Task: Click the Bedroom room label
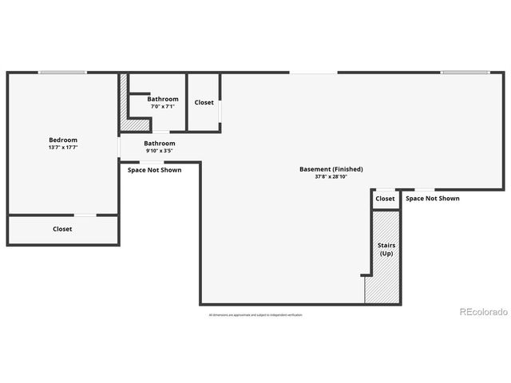coord(63,140)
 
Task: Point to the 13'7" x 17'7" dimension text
coord(63,147)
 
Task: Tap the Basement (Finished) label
coord(331,169)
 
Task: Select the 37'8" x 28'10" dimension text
coord(331,176)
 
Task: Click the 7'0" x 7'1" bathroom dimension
coord(162,106)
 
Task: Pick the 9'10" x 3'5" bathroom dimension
coord(160,150)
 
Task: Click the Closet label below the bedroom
coord(62,229)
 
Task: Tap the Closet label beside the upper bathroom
coord(204,102)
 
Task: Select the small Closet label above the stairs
coord(385,199)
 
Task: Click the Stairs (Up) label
coord(386,249)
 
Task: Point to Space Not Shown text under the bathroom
coord(155,170)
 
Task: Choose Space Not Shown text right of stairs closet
coord(432,199)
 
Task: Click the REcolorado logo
coord(483,312)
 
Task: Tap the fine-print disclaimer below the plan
coord(255,315)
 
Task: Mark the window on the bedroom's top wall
coord(63,73)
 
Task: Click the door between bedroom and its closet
coord(85,215)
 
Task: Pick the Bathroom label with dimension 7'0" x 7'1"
coord(162,99)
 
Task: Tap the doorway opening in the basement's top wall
coord(313,73)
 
